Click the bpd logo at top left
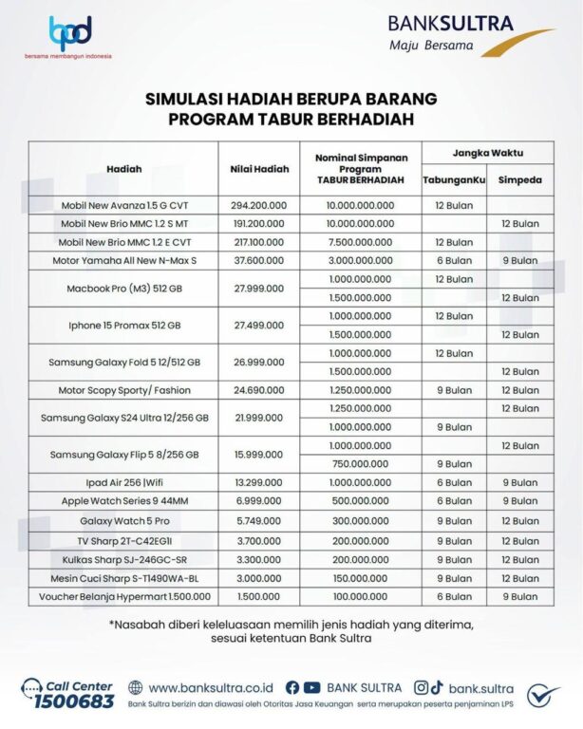[70, 33]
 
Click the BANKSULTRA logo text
[451, 23]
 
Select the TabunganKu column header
[454, 178]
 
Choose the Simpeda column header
[519, 178]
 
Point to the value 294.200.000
[258, 205]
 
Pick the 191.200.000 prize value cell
[258, 223]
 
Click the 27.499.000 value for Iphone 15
[258, 325]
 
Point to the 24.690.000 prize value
[258, 390]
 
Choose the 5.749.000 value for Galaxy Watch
[258, 520]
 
